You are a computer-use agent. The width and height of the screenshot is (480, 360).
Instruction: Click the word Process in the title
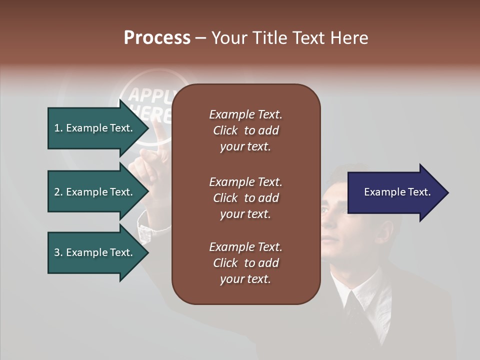157,38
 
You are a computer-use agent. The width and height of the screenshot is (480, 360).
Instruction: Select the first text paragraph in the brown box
245,130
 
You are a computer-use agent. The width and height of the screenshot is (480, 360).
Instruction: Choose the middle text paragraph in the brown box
245,197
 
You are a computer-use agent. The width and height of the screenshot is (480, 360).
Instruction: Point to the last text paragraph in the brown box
245,263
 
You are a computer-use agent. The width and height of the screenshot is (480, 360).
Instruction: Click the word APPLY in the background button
150,95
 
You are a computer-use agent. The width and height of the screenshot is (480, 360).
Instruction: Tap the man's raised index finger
159,132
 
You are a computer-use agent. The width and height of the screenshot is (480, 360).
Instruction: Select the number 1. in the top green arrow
58,128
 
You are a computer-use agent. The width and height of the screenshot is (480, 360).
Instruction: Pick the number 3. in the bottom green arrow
58,252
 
